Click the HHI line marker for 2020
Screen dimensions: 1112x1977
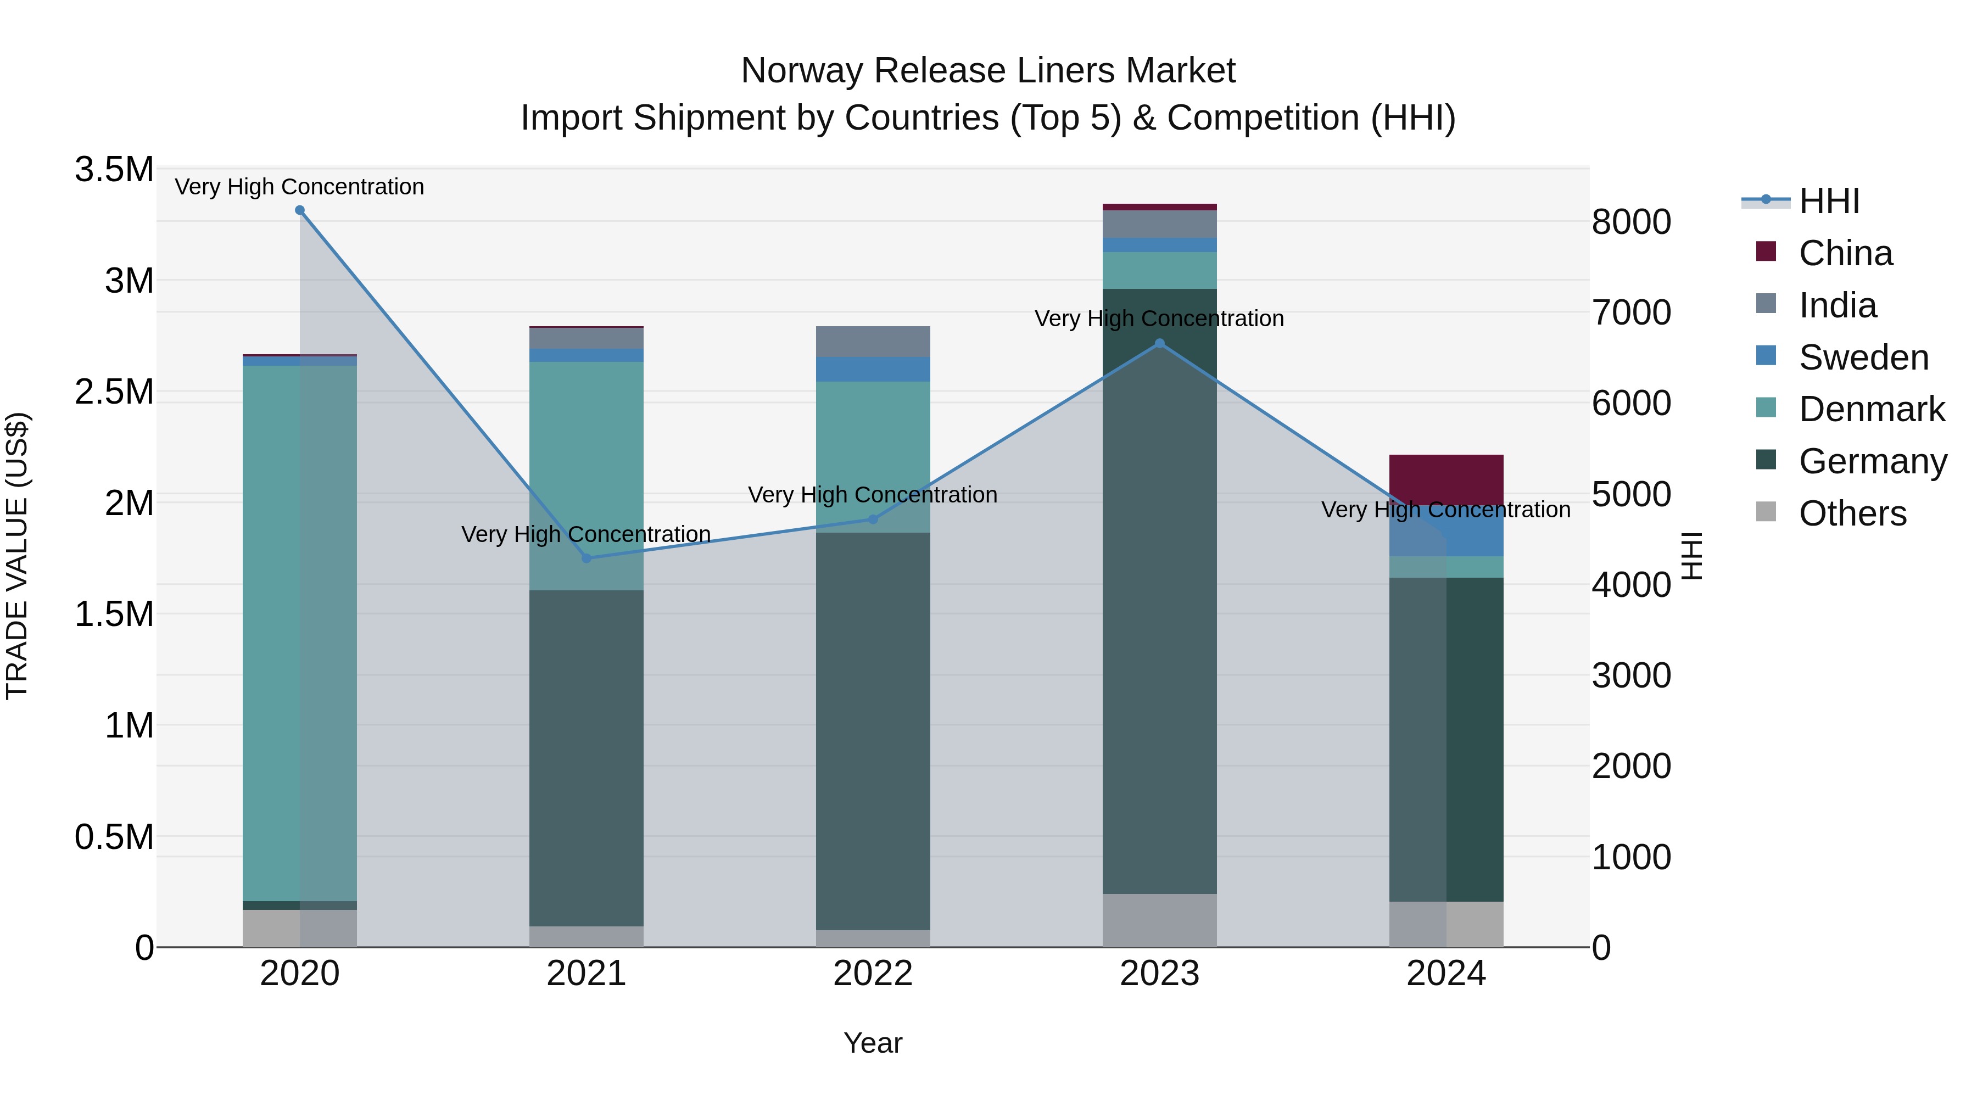pos(300,210)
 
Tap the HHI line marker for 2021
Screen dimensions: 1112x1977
pos(587,558)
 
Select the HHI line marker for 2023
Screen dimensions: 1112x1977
pos(1160,344)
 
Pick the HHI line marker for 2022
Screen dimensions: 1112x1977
pos(873,519)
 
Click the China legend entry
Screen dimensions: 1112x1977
pos(1845,253)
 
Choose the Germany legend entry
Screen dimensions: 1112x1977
pos(1872,461)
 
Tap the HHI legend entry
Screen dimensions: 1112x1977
pos(1828,201)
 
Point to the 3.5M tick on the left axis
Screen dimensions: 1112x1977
pos(114,170)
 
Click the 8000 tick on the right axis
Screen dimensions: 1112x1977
pos(1631,222)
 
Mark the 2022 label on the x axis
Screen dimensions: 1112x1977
pos(873,973)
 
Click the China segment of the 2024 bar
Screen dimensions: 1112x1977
pos(1446,479)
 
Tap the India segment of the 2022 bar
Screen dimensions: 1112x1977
pos(873,342)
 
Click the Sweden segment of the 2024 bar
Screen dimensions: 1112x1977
pos(1446,531)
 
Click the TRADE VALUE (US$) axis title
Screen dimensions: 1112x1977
pos(17,556)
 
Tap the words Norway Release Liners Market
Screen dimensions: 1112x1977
pos(988,71)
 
